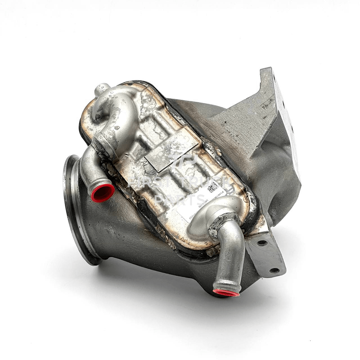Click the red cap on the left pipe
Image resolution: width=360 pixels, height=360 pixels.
[x=103, y=193]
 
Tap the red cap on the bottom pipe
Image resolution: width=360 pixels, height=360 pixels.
[x=226, y=292]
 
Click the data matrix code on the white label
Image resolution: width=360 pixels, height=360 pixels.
[x=213, y=188]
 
